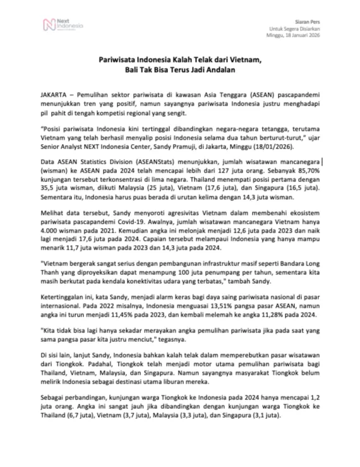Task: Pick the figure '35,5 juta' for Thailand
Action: pyautogui.click(x=52, y=188)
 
